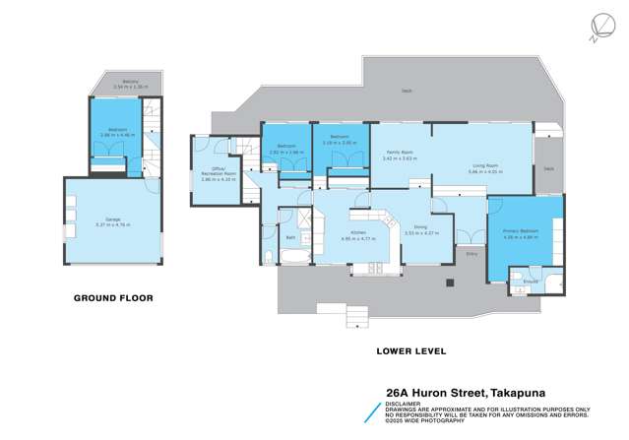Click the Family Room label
pos(399,151)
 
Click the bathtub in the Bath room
pos(293,258)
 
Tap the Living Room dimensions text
pos(485,172)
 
